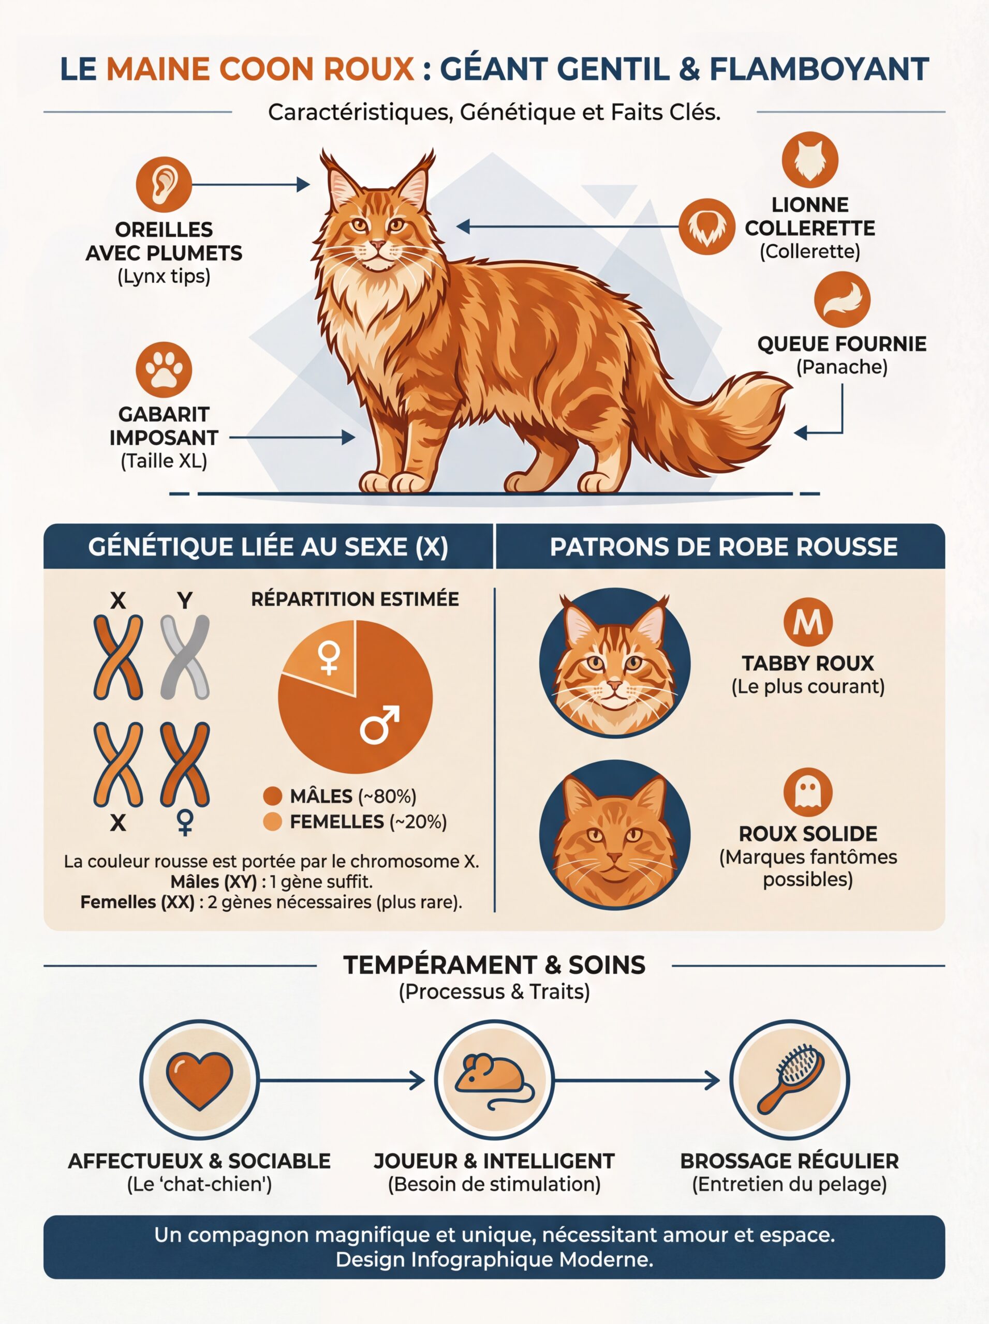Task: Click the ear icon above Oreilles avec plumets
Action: pyautogui.click(x=164, y=184)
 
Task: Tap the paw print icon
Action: pyautogui.click(x=164, y=369)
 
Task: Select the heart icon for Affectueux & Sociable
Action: pyautogui.click(x=199, y=1080)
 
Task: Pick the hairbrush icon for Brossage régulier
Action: pyautogui.click(x=789, y=1080)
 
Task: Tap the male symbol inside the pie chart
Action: pyautogui.click(x=379, y=725)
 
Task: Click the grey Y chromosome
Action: pyautogui.click(x=185, y=657)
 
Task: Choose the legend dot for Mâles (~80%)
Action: pyautogui.click(x=272, y=796)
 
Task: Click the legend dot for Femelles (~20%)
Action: pyautogui.click(x=272, y=822)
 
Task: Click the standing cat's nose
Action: pyautogui.click(x=377, y=245)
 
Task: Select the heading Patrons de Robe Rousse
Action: pyautogui.click(x=723, y=547)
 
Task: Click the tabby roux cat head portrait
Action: pyautogui.click(x=614, y=663)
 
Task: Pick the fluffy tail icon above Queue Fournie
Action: pyautogui.click(x=842, y=299)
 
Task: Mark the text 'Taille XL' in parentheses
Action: pyautogui.click(x=164, y=461)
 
